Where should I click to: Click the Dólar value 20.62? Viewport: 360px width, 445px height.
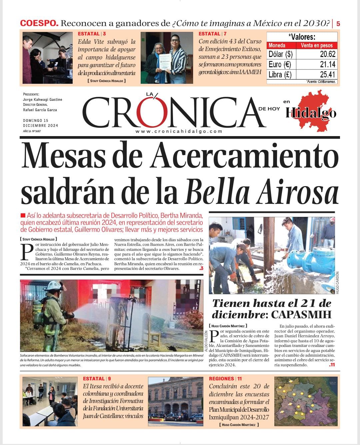click(327, 54)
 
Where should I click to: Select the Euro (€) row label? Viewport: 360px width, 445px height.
click(280, 64)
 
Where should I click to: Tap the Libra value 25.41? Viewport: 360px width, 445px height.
click(327, 74)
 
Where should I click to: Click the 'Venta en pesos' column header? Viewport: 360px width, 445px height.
click(317, 45)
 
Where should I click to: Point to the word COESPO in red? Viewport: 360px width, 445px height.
click(39, 23)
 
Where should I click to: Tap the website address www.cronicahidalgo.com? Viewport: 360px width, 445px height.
click(179, 131)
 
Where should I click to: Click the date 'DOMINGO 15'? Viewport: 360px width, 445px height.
click(36, 120)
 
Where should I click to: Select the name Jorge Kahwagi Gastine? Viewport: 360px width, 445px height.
click(42, 99)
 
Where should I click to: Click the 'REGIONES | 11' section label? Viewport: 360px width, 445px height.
click(225, 379)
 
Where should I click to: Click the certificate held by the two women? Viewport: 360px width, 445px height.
click(164, 63)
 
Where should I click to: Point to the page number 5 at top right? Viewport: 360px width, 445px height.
click(338, 24)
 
